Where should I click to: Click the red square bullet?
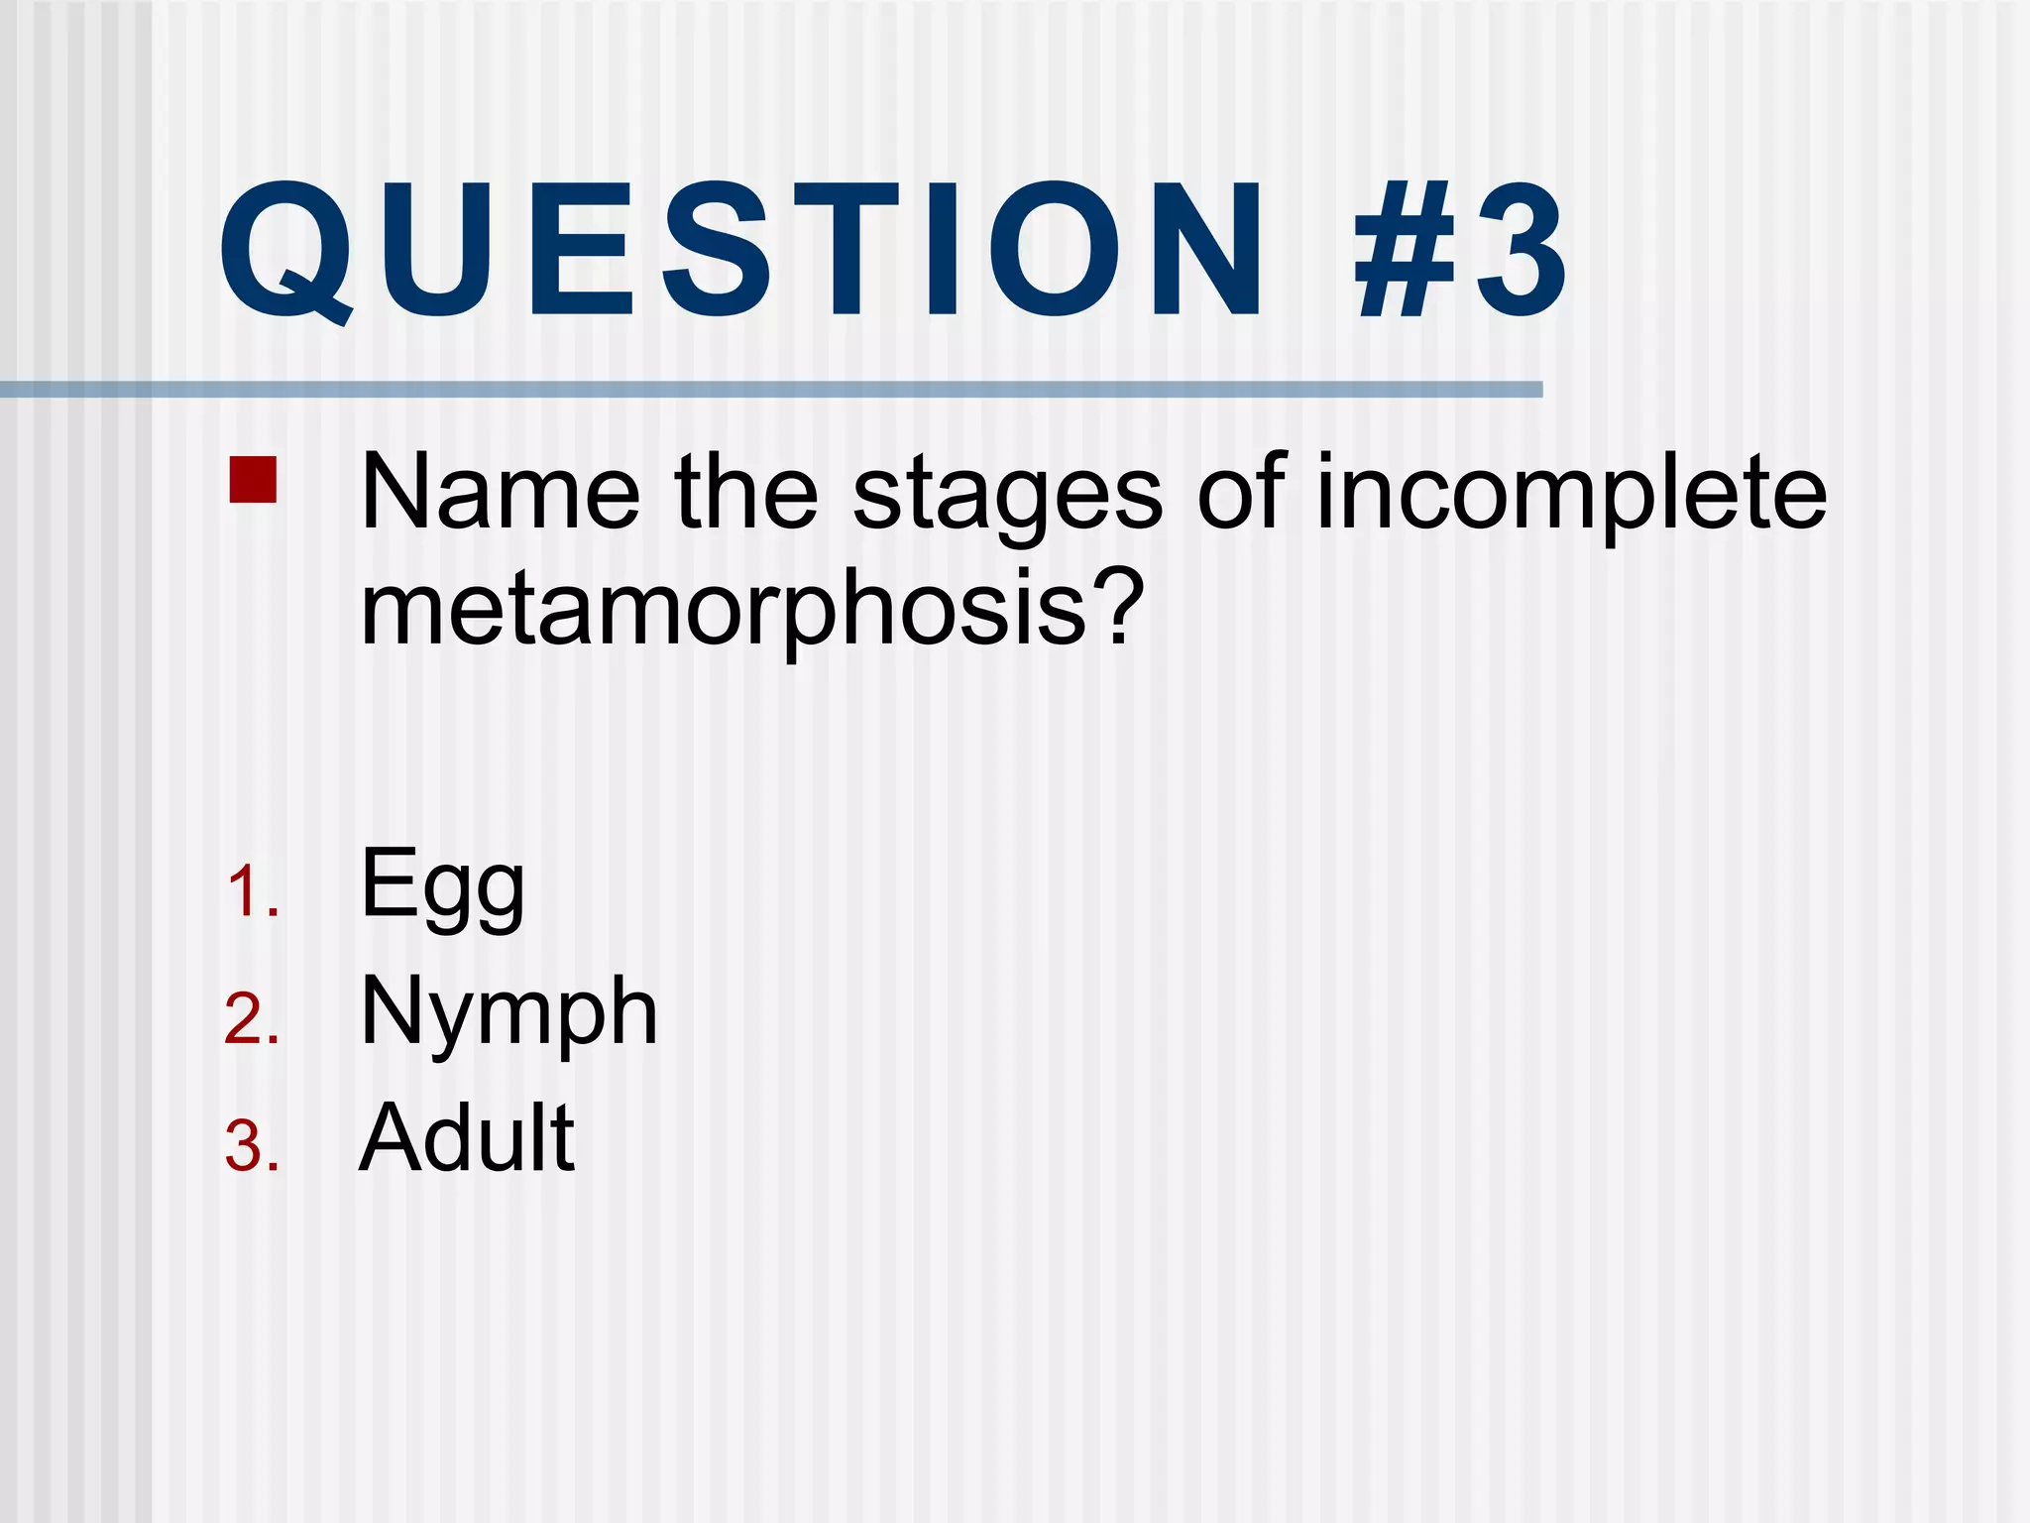[253, 479]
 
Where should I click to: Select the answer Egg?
[442, 887]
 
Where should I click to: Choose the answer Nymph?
[508, 1014]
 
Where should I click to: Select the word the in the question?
[746, 492]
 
